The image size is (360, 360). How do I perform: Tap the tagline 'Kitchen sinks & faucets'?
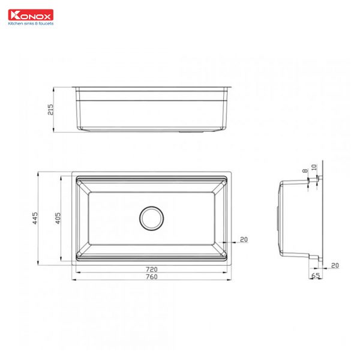pos(30,24)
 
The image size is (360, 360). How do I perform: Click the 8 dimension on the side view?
pos(305,172)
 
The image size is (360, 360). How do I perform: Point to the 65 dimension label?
pos(316,277)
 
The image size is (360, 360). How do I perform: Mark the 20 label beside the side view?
pos(334,265)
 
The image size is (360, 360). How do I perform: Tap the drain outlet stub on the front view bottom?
pos(193,129)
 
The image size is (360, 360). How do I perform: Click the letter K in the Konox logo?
pos(11,16)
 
